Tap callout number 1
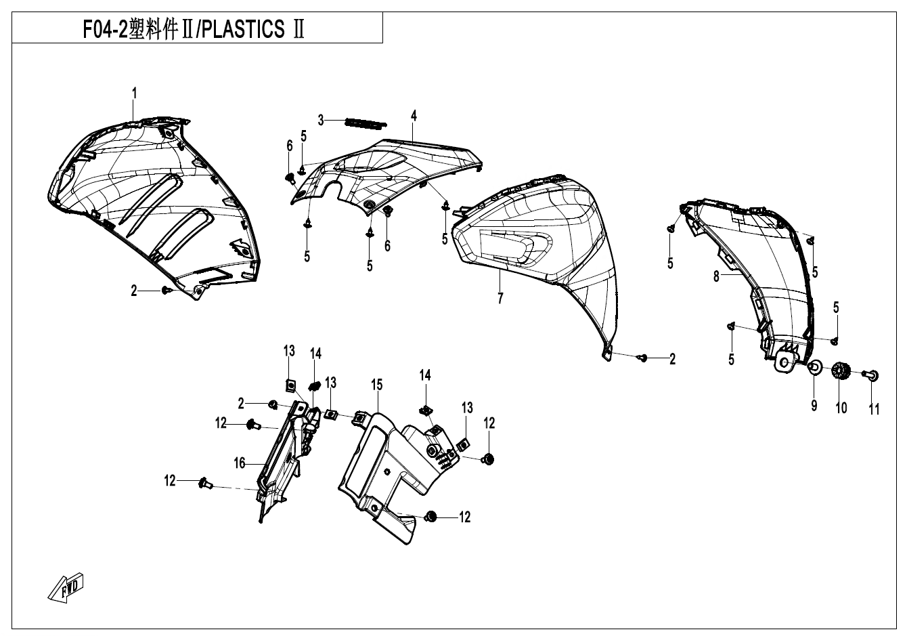click(134, 93)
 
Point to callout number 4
click(414, 116)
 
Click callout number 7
click(500, 298)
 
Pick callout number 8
click(715, 276)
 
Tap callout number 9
click(814, 406)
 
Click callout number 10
click(841, 408)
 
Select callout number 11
click(874, 409)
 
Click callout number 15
click(376, 385)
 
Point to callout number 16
click(239, 463)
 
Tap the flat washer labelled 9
click(816, 368)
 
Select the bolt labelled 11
click(872, 373)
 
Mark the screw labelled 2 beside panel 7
click(644, 357)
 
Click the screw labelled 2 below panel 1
click(166, 291)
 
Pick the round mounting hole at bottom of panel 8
click(785, 362)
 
